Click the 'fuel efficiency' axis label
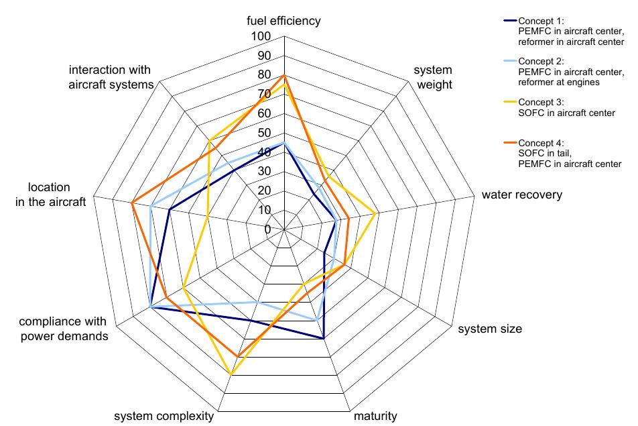283,21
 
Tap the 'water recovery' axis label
521,195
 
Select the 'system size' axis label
490,329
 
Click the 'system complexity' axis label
164,416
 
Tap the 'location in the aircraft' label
51,195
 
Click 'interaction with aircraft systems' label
111,77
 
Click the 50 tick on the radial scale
264,133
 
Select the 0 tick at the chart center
267,229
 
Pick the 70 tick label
264,94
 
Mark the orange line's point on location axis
133,203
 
